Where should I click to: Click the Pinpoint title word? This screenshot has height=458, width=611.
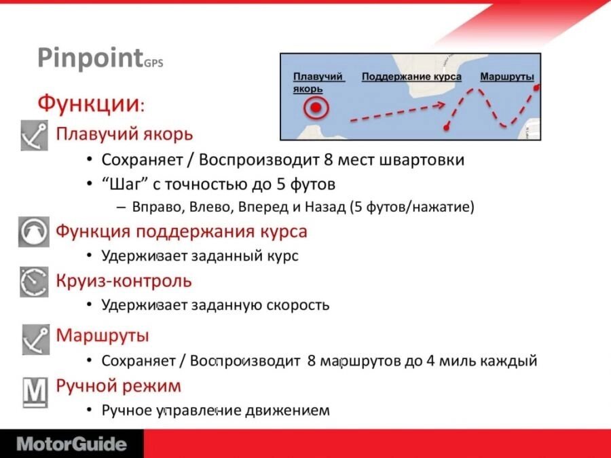(x=90, y=58)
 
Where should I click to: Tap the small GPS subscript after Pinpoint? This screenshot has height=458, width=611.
(x=153, y=63)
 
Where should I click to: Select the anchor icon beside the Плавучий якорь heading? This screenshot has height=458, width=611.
(x=35, y=135)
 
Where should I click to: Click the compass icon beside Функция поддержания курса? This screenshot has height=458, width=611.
(x=34, y=232)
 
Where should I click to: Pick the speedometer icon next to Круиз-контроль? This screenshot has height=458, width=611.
(x=35, y=282)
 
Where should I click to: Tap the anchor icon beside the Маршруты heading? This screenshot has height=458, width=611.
(x=36, y=339)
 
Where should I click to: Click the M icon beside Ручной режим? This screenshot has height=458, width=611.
(x=35, y=392)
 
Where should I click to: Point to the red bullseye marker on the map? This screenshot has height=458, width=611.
(x=316, y=107)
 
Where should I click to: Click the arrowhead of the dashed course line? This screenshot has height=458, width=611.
(x=441, y=105)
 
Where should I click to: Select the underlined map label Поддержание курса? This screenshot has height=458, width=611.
(x=411, y=77)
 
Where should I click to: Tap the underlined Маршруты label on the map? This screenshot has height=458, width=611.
(x=507, y=77)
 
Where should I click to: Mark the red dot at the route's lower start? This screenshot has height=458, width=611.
(x=447, y=128)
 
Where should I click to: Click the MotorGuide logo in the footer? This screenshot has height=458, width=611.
(x=72, y=444)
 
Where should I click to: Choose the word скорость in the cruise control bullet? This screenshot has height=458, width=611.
(x=298, y=305)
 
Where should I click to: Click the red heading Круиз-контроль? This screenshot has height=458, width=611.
(x=124, y=280)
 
